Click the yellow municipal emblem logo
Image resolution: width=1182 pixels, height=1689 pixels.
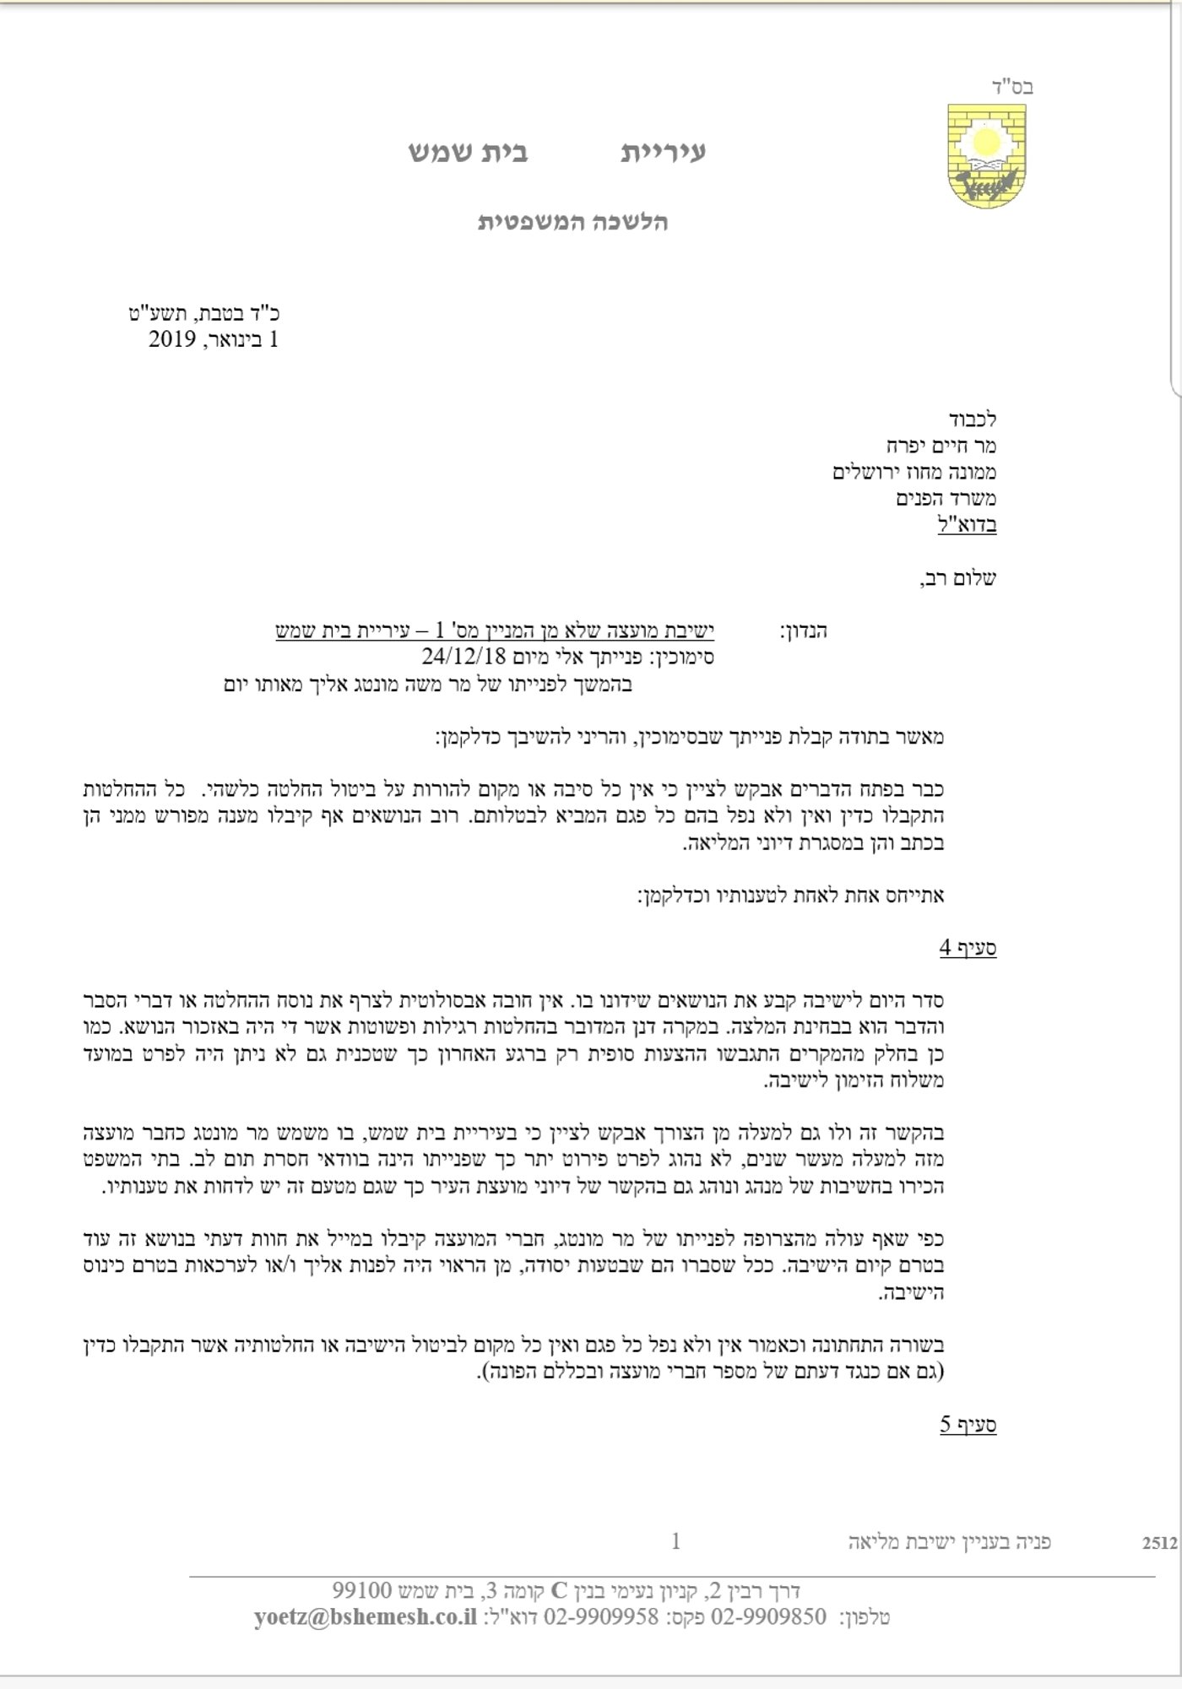[x=985, y=156]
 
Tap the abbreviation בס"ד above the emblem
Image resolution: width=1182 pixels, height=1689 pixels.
[x=1012, y=86]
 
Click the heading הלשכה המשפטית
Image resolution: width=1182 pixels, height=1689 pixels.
[x=573, y=222]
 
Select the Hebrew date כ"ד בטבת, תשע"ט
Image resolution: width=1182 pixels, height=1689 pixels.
[x=205, y=313]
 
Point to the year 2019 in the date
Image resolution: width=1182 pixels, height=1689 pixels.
[x=172, y=339]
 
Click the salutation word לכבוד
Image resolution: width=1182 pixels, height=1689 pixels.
[x=972, y=419]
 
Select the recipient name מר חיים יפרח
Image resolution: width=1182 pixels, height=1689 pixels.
[x=941, y=445]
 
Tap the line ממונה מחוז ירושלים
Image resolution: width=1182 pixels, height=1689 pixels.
[x=914, y=471]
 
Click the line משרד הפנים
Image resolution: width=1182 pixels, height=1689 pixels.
[x=946, y=498]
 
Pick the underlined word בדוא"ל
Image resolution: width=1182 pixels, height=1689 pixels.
[x=967, y=524]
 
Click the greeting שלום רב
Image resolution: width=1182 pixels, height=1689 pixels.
[x=958, y=578]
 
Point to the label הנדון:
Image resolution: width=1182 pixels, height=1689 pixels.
[x=803, y=631]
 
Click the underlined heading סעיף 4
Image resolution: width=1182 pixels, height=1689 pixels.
[x=968, y=948]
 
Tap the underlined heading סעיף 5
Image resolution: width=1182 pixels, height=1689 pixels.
[x=968, y=1425]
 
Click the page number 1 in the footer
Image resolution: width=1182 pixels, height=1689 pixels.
[x=675, y=1541]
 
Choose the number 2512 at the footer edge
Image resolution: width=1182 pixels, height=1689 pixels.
[x=1159, y=1543]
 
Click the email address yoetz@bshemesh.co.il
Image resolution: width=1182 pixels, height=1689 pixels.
[x=365, y=1617]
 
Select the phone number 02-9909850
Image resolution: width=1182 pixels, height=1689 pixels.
[x=769, y=1617]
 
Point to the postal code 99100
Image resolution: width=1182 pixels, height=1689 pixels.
[x=362, y=1590]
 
